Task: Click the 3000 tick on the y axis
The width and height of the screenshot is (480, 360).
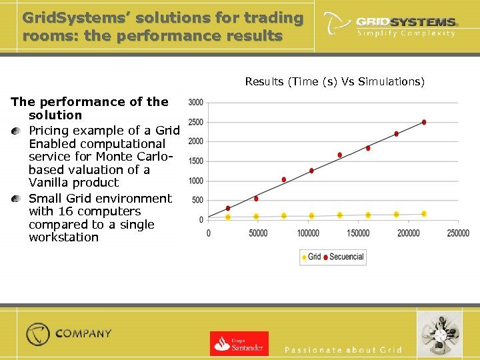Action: [x=196, y=103]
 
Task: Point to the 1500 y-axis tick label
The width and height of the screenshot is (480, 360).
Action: [x=196, y=161]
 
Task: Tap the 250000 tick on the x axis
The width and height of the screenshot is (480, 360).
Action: [x=457, y=233]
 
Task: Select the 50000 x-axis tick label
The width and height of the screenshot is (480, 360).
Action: [x=258, y=233]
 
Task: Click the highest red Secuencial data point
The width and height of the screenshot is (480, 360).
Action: [x=424, y=122]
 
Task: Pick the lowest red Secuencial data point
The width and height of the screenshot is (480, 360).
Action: [x=228, y=208]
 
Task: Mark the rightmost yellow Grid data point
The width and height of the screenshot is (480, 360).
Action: [x=424, y=214]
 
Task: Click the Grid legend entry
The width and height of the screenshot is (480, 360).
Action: [x=311, y=257]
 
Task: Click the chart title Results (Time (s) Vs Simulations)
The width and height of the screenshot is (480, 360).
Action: [x=334, y=82]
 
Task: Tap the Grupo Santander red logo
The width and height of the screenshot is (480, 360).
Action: [x=239, y=343]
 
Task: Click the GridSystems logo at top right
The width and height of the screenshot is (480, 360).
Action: [x=390, y=24]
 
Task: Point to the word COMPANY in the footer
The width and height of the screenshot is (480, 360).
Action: [x=83, y=333]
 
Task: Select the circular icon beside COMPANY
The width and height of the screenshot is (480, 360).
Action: [x=38, y=334]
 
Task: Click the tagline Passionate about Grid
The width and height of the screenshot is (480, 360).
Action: [x=343, y=350]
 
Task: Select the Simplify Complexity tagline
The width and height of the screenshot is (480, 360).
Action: [x=406, y=33]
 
